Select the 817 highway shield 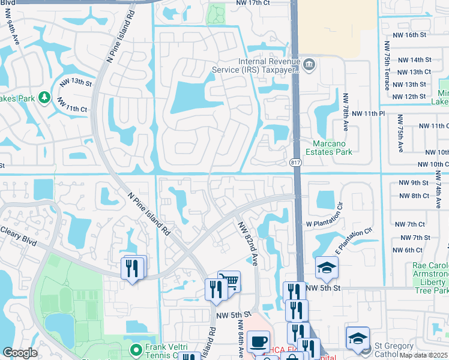click(x=295, y=163)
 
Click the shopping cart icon click(x=229, y=280)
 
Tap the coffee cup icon click(x=258, y=341)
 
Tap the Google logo click(x=20, y=353)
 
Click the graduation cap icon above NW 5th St click(x=327, y=267)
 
